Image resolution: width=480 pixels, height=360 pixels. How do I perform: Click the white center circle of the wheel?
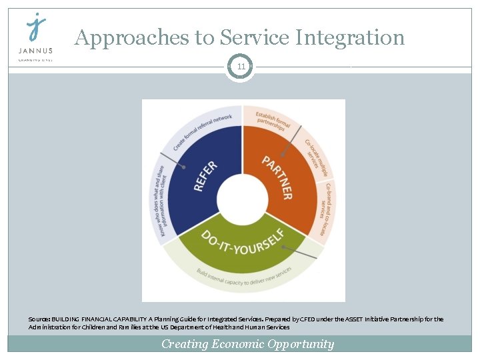click(242, 199)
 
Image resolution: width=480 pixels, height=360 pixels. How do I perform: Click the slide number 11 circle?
click(240, 67)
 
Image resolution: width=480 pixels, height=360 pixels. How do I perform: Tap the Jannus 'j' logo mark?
click(36, 28)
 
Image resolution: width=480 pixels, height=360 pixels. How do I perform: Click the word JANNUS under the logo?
click(36, 51)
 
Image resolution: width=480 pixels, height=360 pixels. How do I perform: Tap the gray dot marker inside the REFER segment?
click(184, 167)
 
